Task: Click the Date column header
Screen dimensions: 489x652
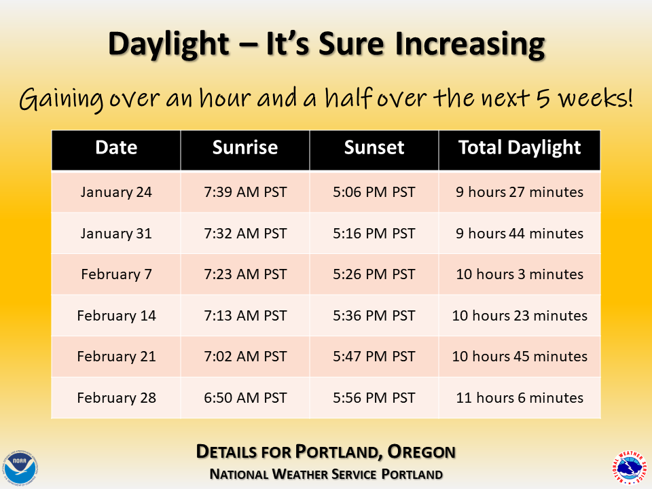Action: (x=116, y=147)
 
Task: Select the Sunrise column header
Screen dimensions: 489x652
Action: (x=245, y=147)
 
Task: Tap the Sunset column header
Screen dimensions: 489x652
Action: (x=374, y=147)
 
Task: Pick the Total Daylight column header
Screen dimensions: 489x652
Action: (x=520, y=147)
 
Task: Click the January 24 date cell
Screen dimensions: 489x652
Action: (x=116, y=192)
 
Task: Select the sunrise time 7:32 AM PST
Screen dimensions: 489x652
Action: (x=245, y=234)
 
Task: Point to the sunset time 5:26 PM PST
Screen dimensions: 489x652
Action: (x=374, y=274)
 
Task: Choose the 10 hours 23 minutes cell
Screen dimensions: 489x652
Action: (x=520, y=316)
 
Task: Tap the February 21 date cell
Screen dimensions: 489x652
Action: (x=116, y=357)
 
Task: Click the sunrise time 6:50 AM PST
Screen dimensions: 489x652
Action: (x=245, y=398)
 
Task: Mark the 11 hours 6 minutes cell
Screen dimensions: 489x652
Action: (x=520, y=398)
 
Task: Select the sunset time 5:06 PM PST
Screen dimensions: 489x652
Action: (x=374, y=192)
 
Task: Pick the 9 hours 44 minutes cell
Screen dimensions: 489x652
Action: (x=520, y=234)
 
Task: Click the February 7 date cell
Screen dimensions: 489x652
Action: (x=116, y=274)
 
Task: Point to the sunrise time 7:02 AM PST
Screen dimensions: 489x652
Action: (x=245, y=357)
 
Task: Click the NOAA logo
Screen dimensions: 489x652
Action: (x=21, y=467)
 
